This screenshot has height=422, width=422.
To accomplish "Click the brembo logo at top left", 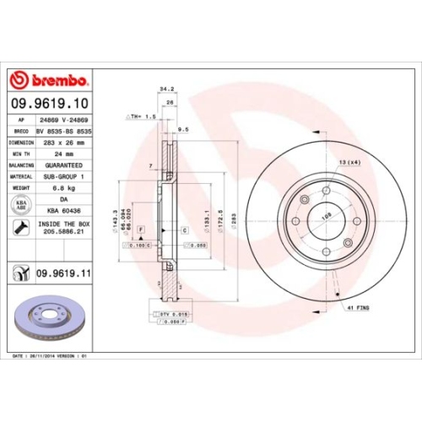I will [x=48, y=79].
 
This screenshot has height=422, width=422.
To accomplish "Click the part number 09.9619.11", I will [x=64, y=273].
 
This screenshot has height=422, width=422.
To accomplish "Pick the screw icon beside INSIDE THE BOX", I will [x=19, y=227].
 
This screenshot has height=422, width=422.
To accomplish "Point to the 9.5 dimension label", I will [x=182, y=130].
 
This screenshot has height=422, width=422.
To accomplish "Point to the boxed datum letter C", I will [x=184, y=230].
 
